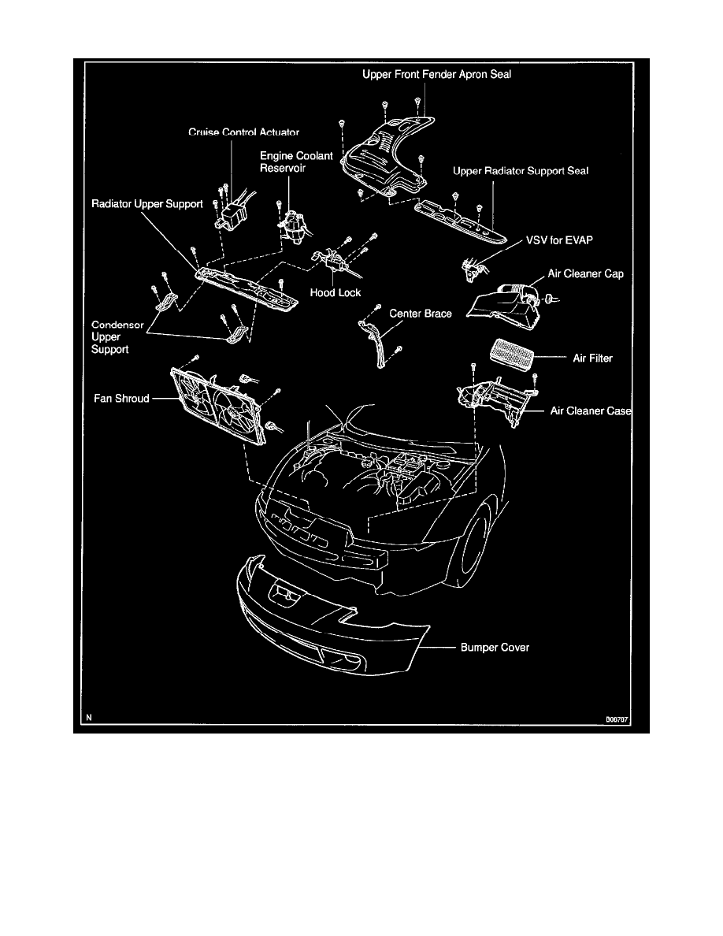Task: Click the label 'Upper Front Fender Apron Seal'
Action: pos(442,76)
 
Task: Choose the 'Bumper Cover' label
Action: pos(495,648)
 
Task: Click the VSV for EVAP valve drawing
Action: pos(473,267)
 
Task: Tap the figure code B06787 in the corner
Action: pos(619,719)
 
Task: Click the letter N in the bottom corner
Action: pos(89,719)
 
